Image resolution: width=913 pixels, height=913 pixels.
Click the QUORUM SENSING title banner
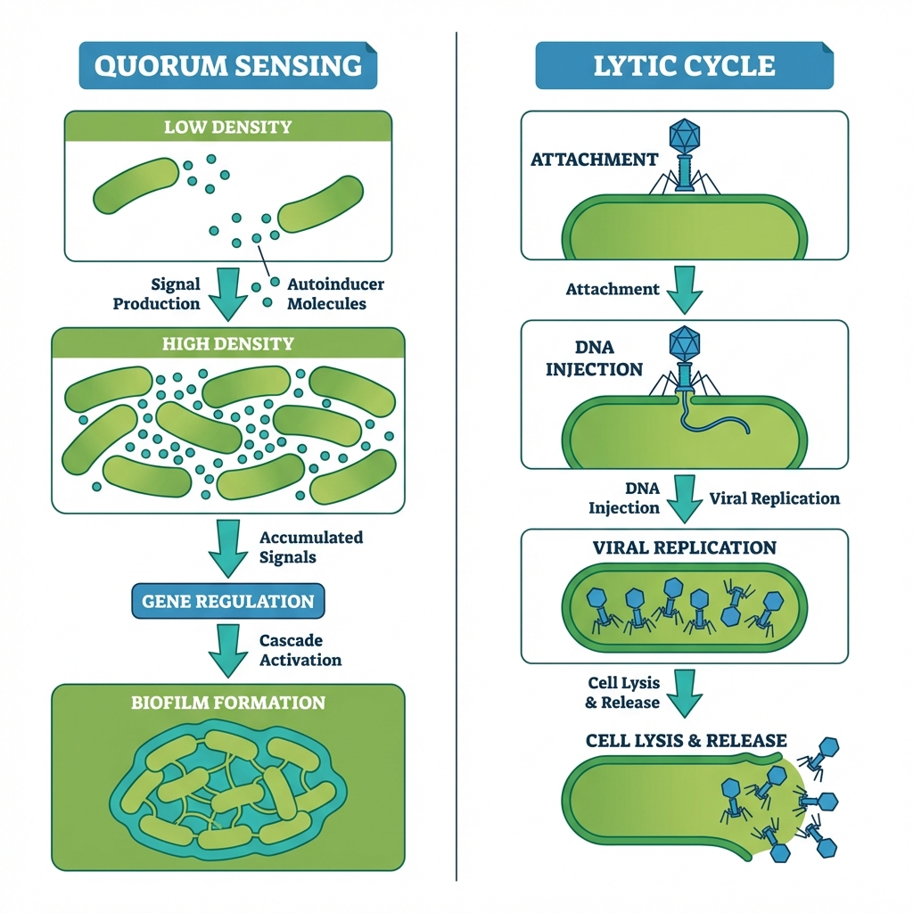228,66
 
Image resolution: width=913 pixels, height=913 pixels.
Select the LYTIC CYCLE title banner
684,66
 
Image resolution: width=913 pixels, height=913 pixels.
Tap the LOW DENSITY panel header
228,127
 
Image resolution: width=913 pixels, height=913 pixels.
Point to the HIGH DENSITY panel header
228,343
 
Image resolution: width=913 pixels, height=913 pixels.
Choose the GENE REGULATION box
228,601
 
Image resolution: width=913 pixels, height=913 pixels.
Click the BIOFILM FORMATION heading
228,703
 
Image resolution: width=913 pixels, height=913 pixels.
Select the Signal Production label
157,293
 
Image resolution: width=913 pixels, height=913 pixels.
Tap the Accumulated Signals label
310,547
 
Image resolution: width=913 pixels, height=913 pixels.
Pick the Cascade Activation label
300,650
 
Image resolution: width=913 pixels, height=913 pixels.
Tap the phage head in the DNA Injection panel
685,342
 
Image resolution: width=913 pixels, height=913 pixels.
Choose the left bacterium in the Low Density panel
136,185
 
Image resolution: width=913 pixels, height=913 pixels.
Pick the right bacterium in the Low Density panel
321,204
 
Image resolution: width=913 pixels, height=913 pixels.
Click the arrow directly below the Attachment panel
685,289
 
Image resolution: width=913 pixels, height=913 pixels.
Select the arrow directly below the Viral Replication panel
685,692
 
